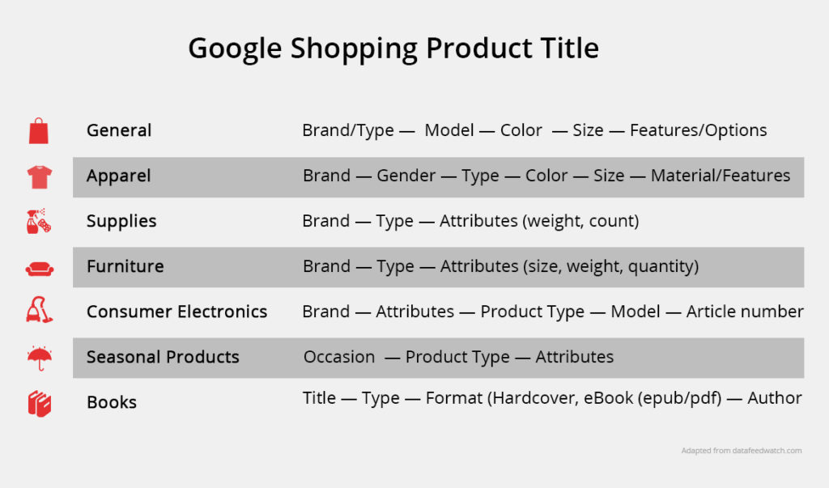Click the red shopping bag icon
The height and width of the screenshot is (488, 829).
pos(39,130)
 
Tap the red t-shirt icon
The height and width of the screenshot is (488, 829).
pos(40,176)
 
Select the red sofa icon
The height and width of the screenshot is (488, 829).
pos(40,269)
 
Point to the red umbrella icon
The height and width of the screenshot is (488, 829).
pos(40,358)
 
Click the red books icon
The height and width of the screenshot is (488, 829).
pos(40,404)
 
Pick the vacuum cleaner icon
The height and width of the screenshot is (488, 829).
pos(39,310)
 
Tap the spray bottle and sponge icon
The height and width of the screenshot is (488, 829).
pos(39,221)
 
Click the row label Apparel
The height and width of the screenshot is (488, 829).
pos(119,176)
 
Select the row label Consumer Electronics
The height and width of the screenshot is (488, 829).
pos(176,312)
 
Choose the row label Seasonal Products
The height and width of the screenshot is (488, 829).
pos(163,357)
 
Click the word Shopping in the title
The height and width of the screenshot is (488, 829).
pos(355,49)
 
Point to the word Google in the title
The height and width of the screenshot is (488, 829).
pos(236,49)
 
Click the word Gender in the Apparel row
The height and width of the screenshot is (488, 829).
pos(406,176)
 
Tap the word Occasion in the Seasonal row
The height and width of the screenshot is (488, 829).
pos(339,357)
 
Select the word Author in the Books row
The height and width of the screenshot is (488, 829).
pos(775,397)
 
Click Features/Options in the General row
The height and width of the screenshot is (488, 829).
pos(699,130)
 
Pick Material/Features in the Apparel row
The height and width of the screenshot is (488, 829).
pos(721,176)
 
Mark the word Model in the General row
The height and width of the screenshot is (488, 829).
pos(449,130)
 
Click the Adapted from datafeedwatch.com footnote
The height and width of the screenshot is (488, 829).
pos(742,451)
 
